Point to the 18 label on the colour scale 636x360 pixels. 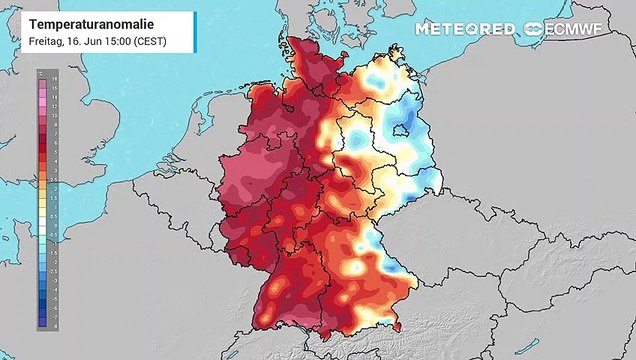pos(52,77)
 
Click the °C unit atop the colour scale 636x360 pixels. pos(41,70)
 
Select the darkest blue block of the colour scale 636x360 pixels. pos(40,322)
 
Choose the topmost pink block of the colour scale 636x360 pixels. pos(40,78)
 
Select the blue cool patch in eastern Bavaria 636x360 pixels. pos(376,243)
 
